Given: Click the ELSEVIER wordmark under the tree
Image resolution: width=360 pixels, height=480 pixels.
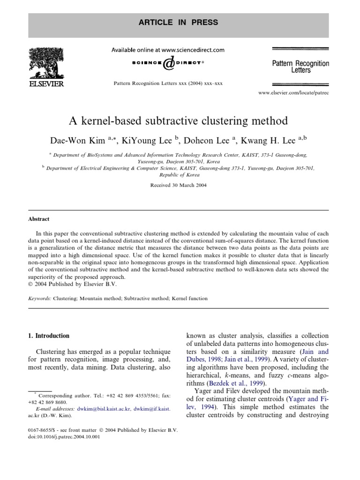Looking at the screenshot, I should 46,83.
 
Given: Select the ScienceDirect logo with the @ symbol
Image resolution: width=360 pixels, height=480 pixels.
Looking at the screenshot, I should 168,63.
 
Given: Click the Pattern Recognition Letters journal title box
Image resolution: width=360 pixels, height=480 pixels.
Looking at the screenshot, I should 300,66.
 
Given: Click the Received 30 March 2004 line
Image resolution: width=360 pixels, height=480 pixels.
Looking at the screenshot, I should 178,185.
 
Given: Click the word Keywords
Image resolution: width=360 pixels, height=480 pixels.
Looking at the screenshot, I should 39,298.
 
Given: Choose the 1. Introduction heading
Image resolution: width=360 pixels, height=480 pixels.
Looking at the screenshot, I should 50,336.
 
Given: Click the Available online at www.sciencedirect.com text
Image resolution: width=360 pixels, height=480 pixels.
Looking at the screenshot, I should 167,50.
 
